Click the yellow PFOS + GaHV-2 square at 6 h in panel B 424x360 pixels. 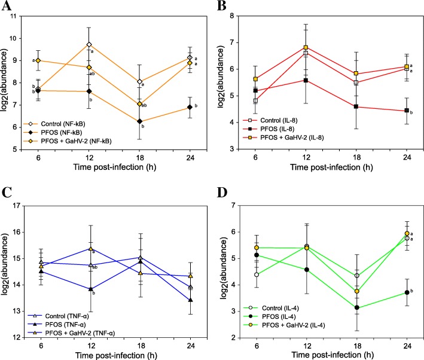pos(256,79)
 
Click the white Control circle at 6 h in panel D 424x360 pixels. pos(256,274)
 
